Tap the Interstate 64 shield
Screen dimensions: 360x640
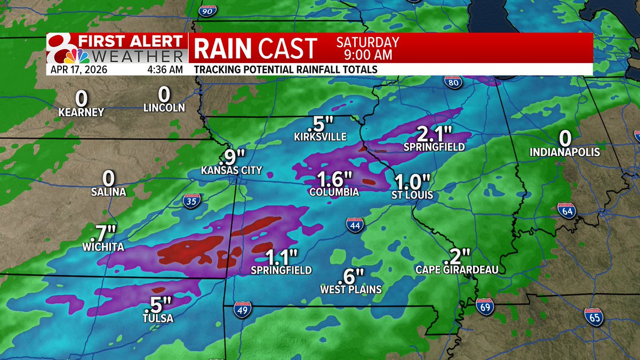566,210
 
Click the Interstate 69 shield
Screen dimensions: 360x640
483,305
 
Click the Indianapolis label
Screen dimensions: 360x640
565,153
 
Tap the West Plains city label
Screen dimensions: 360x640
351,290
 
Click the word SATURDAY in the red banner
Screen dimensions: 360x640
367,42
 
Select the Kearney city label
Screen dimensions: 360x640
82,112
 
